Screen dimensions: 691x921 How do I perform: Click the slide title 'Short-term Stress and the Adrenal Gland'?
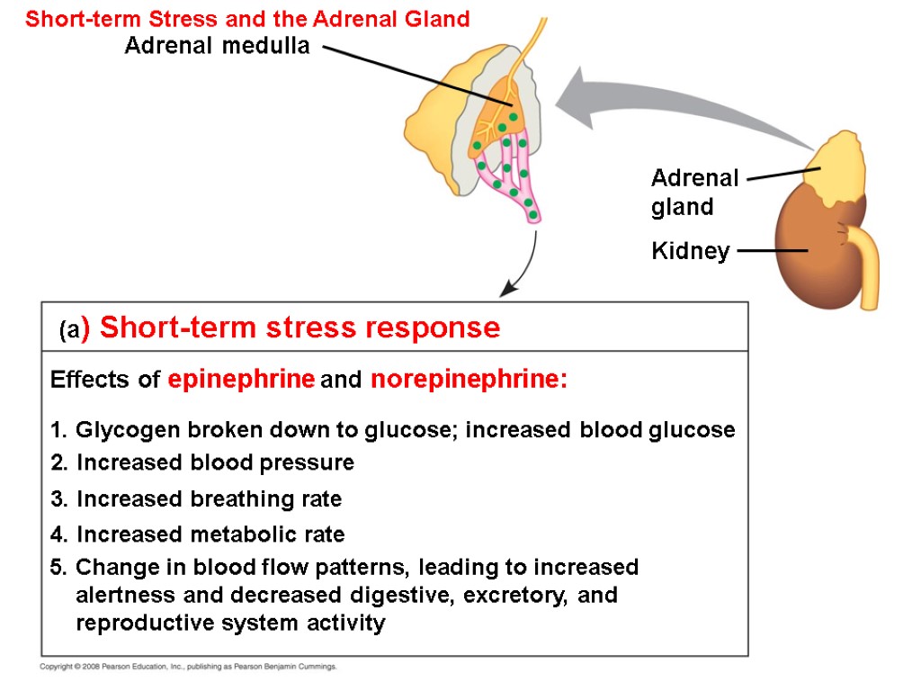tap(247, 19)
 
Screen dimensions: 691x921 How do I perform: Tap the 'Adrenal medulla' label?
tap(217, 47)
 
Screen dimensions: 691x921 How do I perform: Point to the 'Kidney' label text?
tap(690, 251)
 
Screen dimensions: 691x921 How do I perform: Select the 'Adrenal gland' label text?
tap(694, 192)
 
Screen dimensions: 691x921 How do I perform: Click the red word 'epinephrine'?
tap(241, 380)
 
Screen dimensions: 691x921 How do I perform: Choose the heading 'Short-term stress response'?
tap(300, 328)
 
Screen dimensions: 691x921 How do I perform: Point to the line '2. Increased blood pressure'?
tap(202, 463)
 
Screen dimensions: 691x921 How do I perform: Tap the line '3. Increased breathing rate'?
tap(196, 498)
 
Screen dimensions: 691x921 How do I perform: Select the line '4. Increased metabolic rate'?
tap(198, 534)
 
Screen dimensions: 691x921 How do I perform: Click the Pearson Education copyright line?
tap(189, 667)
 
